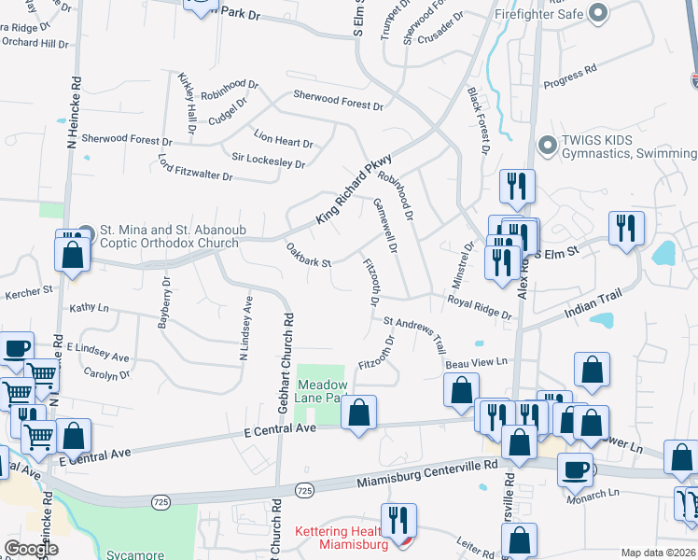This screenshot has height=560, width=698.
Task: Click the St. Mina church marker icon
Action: coord(86,231)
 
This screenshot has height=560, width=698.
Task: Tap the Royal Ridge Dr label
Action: coord(480,307)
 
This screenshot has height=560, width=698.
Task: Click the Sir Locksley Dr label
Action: coord(269,161)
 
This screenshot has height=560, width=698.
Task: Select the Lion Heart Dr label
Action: coord(284,141)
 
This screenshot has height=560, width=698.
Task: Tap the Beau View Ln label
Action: coord(476,361)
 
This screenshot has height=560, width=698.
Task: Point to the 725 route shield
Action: coord(304,490)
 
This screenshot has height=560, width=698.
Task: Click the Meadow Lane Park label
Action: coord(323,391)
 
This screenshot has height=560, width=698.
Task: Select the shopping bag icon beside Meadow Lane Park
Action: coord(359,412)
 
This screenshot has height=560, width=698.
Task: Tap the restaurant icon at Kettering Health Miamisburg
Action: coord(399,521)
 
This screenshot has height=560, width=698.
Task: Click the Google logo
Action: coord(31,548)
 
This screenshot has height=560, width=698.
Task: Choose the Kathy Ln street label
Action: coord(90,307)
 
